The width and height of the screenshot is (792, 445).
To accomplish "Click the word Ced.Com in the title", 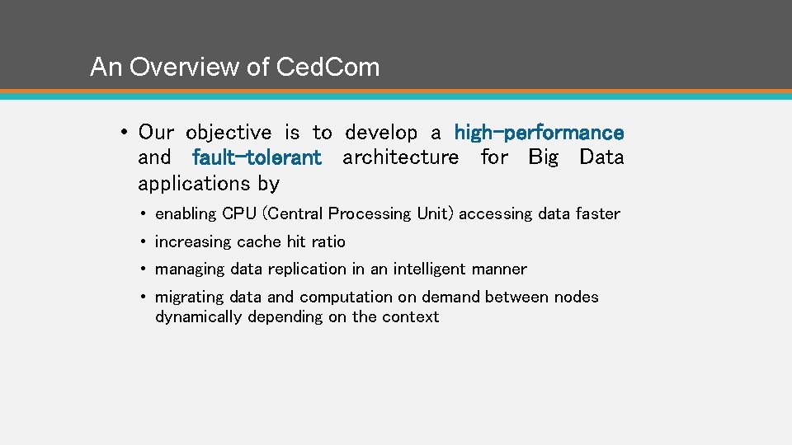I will [328, 67].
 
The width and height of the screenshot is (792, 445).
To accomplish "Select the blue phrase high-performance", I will [539, 132].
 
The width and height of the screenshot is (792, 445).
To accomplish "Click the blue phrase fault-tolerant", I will [256, 157].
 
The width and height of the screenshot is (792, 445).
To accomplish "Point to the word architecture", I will [400, 157].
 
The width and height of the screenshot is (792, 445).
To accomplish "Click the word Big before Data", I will [543, 157].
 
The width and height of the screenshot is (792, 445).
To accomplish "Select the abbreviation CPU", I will [239, 214].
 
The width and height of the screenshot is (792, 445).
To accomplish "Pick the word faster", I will [598, 214].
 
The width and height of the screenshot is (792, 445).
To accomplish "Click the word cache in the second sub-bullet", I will [259, 241].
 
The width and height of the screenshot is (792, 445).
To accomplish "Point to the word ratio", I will [328, 241].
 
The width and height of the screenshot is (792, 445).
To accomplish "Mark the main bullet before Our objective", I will [121, 133].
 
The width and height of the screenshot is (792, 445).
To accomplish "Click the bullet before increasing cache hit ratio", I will [144, 242].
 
